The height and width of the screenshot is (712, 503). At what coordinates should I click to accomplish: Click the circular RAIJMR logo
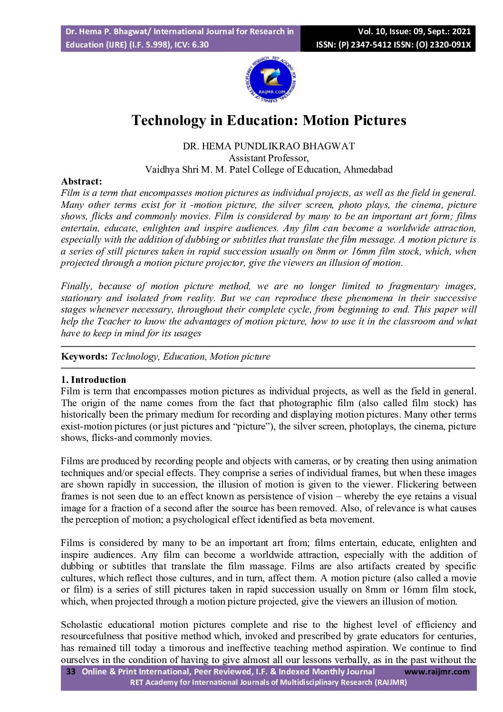(270, 78)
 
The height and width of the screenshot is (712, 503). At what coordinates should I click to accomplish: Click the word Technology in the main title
(169, 120)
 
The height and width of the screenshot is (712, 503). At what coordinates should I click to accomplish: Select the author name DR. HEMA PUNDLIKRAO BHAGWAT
(269, 146)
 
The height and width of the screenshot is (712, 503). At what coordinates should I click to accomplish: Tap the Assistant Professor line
(269, 158)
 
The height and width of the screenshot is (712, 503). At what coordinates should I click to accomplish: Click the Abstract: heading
(81, 181)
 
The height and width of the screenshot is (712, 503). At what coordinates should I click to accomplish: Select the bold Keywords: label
(84, 357)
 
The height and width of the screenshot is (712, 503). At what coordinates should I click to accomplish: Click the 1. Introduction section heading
(93, 380)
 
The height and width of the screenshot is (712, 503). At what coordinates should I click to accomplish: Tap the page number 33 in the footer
(71, 672)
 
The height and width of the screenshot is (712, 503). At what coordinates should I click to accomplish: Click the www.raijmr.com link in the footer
(436, 672)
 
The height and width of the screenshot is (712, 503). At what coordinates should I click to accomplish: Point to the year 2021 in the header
(461, 32)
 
